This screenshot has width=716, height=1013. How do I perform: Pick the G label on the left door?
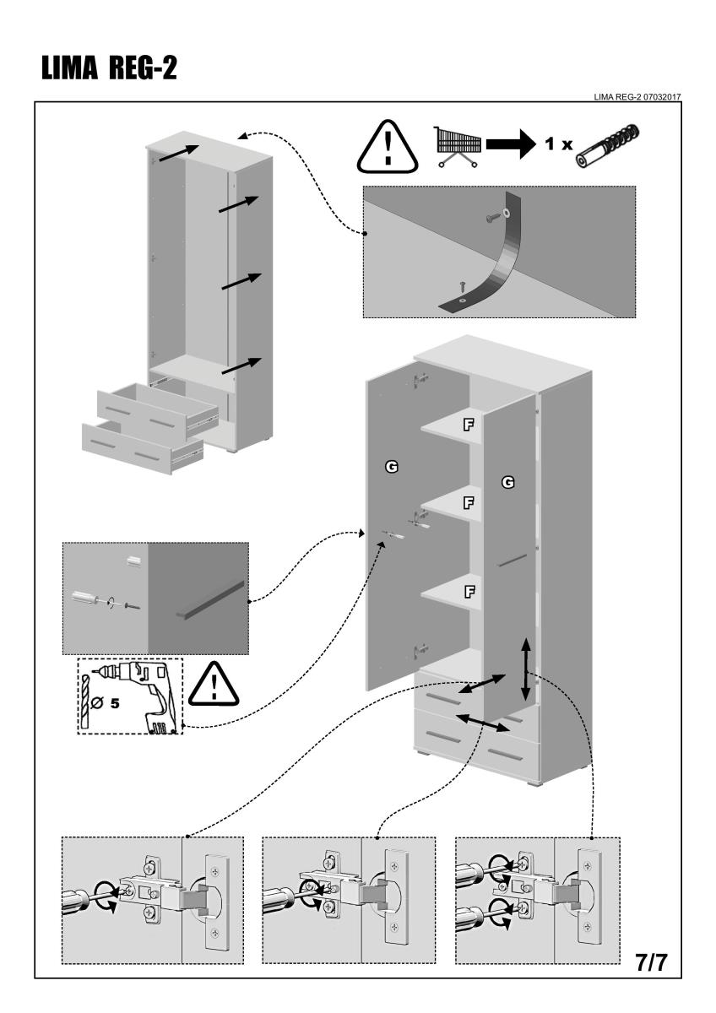(x=392, y=466)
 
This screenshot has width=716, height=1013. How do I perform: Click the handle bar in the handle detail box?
(x=210, y=598)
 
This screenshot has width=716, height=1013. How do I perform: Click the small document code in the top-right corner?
(x=637, y=96)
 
